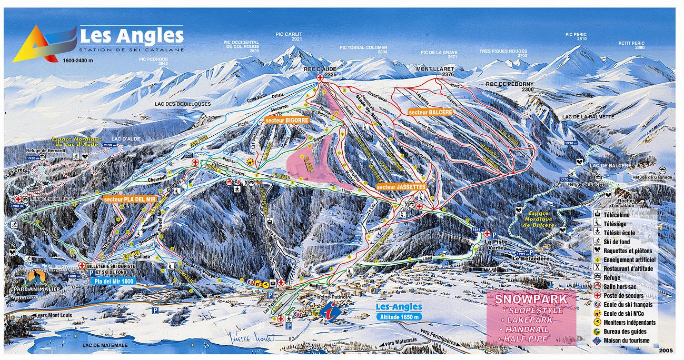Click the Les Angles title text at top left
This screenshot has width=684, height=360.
click(132, 36)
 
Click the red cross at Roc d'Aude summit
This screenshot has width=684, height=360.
click(320, 77)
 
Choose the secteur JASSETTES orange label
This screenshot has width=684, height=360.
click(401, 186)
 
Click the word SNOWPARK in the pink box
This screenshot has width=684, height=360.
click(531, 299)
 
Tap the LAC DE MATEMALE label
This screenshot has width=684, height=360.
click(105, 345)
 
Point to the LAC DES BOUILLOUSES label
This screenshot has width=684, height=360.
click(183, 104)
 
